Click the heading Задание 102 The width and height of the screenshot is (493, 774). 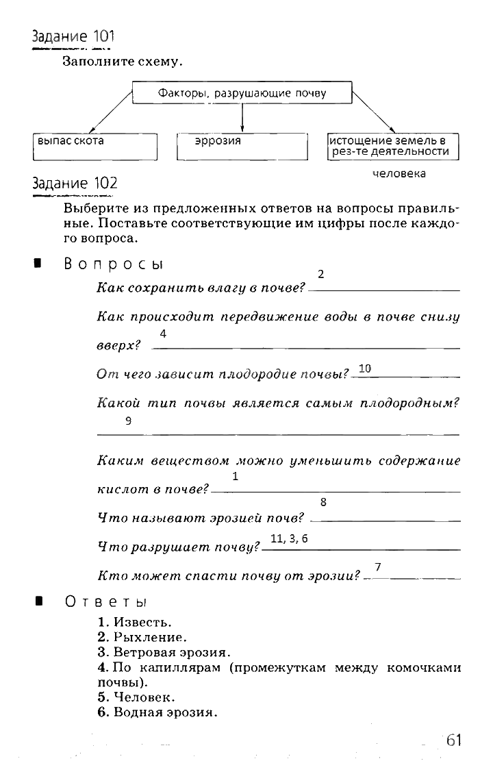pos(75,184)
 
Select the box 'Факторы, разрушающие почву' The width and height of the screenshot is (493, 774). pos(242,93)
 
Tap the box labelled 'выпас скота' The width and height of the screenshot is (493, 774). pos(95,146)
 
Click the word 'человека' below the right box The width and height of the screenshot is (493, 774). pos(399,174)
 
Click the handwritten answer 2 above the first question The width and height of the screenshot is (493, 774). pos(320,274)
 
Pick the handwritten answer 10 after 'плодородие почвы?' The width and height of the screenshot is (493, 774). pos(364,369)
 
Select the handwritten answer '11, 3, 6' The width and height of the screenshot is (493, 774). pos(290,538)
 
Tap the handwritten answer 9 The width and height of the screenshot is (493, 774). pos(128,421)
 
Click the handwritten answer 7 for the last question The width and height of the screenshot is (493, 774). pos(377,566)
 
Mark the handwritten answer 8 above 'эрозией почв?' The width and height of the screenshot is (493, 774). pos(323,501)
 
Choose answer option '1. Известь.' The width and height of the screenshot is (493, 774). pos(134,623)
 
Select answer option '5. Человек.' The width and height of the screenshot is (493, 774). pos(136,698)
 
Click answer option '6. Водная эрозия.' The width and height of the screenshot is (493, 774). pos(157,712)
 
